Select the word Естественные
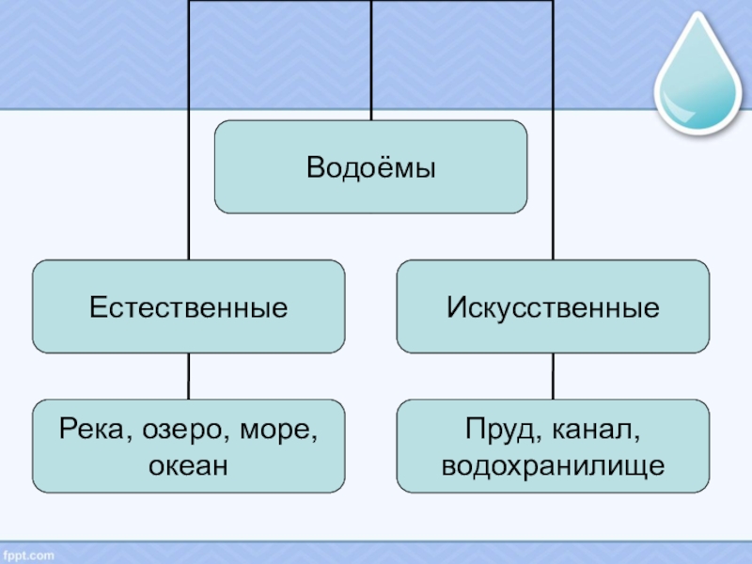click(188, 307)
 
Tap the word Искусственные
click(552, 307)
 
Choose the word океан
click(188, 464)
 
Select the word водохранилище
click(553, 464)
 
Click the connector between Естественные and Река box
click(188, 376)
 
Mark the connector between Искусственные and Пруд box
click(553, 376)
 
